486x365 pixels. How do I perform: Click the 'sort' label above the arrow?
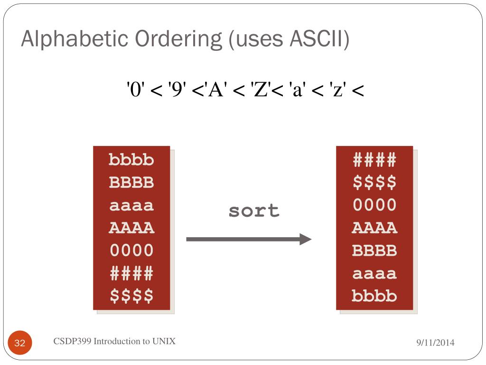[254, 211]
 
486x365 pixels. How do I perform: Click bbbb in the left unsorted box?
[131, 160]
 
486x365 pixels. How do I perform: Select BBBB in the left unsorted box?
[131, 182]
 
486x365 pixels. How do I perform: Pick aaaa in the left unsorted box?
[131, 205]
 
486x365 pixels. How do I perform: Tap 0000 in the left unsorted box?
[131, 250]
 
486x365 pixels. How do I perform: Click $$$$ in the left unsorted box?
[131, 296]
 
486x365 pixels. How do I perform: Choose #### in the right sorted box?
[374, 160]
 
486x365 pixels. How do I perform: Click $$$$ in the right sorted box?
[374, 182]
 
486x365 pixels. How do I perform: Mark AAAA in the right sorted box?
[374, 228]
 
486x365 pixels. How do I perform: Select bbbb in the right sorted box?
[374, 296]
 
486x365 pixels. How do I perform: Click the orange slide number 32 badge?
[20, 343]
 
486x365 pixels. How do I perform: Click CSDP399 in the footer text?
[72, 341]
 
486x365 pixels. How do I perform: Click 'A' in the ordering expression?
[214, 89]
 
